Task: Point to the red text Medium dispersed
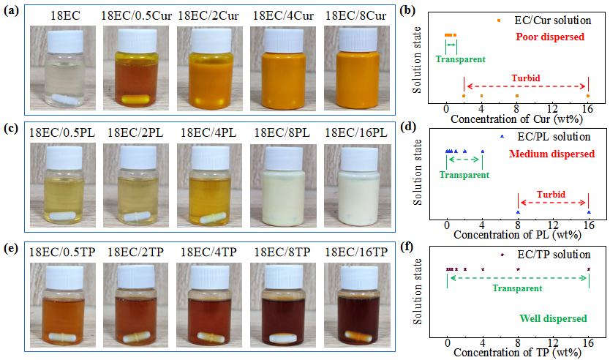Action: pyautogui.click(x=549, y=152)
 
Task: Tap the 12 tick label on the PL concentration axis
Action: pyautogui.click(x=553, y=225)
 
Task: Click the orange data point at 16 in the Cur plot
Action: pyautogui.click(x=589, y=96)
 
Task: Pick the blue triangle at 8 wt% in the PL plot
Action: pyautogui.click(x=518, y=212)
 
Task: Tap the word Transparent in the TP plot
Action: pyautogui.click(x=517, y=288)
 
